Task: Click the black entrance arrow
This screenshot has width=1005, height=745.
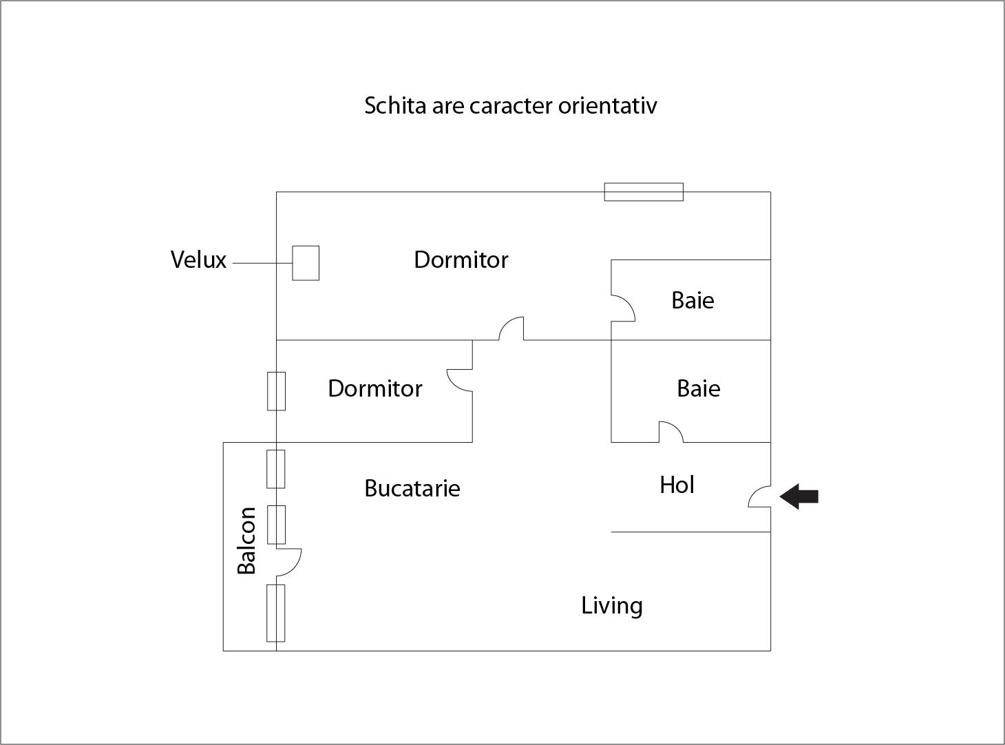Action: pos(799,496)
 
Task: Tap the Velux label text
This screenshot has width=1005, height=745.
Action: pos(198,260)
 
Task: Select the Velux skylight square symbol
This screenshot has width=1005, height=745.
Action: pos(306,263)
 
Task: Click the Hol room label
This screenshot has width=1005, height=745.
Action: pos(677,485)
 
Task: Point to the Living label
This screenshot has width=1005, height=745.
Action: pos(612,606)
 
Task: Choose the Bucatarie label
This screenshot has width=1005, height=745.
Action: pos(412,488)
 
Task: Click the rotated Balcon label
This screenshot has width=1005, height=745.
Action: pos(246,541)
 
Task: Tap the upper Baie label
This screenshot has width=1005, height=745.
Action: pos(692,300)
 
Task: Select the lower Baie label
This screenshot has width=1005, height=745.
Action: pos(698,388)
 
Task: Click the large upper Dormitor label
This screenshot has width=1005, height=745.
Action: pos(461,260)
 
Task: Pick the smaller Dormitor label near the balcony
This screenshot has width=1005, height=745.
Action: pos(374,388)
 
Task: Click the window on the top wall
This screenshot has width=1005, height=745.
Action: pos(644,192)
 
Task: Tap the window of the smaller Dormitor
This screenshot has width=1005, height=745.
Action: pos(276,391)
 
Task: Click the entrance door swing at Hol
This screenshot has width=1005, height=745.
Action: pos(760,496)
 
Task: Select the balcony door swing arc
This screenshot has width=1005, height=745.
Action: pos(289,562)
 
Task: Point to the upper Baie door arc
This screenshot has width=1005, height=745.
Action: pos(624,308)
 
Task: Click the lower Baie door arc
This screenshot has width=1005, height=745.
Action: pos(671,432)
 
